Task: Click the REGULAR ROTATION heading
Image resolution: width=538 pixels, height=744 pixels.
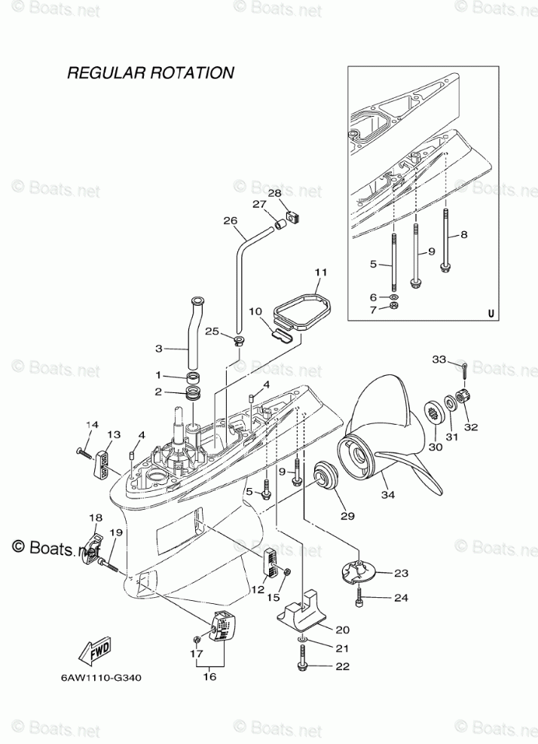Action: pyautogui.click(x=150, y=73)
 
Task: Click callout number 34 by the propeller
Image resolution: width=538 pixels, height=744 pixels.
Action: pyautogui.click(x=387, y=495)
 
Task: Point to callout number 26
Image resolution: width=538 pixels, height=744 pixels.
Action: pyautogui.click(x=230, y=221)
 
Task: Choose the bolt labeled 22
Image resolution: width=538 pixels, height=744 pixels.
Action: pyautogui.click(x=301, y=666)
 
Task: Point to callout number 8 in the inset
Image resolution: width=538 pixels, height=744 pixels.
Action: pyautogui.click(x=464, y=234)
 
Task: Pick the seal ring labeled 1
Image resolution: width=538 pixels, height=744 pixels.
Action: pyautogui.click(x=194, y=376)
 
